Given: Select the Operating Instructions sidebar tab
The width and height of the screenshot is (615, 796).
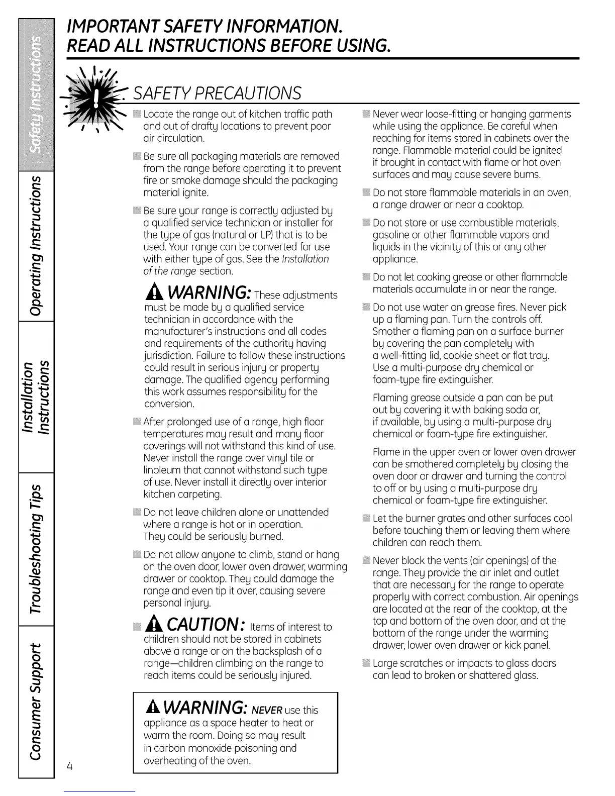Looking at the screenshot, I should (x=36, y=246).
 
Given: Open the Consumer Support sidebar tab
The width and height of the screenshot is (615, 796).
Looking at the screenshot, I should (x=36, y=702).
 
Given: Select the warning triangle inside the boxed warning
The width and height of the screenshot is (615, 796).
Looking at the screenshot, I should (x=152, y=707).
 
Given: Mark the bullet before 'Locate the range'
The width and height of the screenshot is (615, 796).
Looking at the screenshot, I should (x=137, y=114).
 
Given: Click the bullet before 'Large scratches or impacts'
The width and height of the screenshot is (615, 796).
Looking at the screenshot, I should (x=366, y=663).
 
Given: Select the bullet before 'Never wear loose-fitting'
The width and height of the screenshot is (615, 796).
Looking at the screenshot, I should (x=366, y=114).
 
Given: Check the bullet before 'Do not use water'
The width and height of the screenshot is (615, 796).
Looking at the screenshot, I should (x=366, y=308).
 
